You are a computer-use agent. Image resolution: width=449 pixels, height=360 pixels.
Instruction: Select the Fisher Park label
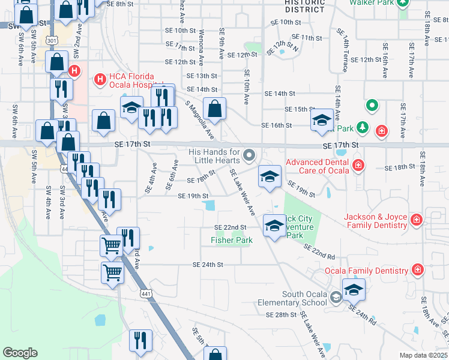(232, 240)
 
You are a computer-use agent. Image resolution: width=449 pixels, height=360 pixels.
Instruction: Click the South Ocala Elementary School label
(304, 298)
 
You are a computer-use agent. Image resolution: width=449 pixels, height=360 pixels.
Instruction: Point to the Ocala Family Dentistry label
(366, 271)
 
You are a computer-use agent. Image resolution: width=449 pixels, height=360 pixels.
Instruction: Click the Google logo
(20, 353)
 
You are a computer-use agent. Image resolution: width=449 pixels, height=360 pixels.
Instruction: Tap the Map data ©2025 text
(423, 355)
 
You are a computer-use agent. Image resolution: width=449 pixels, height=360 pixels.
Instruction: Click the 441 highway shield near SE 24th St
(145, 293)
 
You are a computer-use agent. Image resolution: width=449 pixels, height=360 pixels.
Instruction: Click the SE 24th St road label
(208, 265)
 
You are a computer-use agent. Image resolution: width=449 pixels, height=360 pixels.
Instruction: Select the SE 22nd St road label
(231, 227)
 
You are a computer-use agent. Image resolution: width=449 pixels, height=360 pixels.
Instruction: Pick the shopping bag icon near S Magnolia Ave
(214, 109)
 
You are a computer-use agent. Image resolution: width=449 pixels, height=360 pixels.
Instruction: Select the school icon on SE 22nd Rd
(275, 226)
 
